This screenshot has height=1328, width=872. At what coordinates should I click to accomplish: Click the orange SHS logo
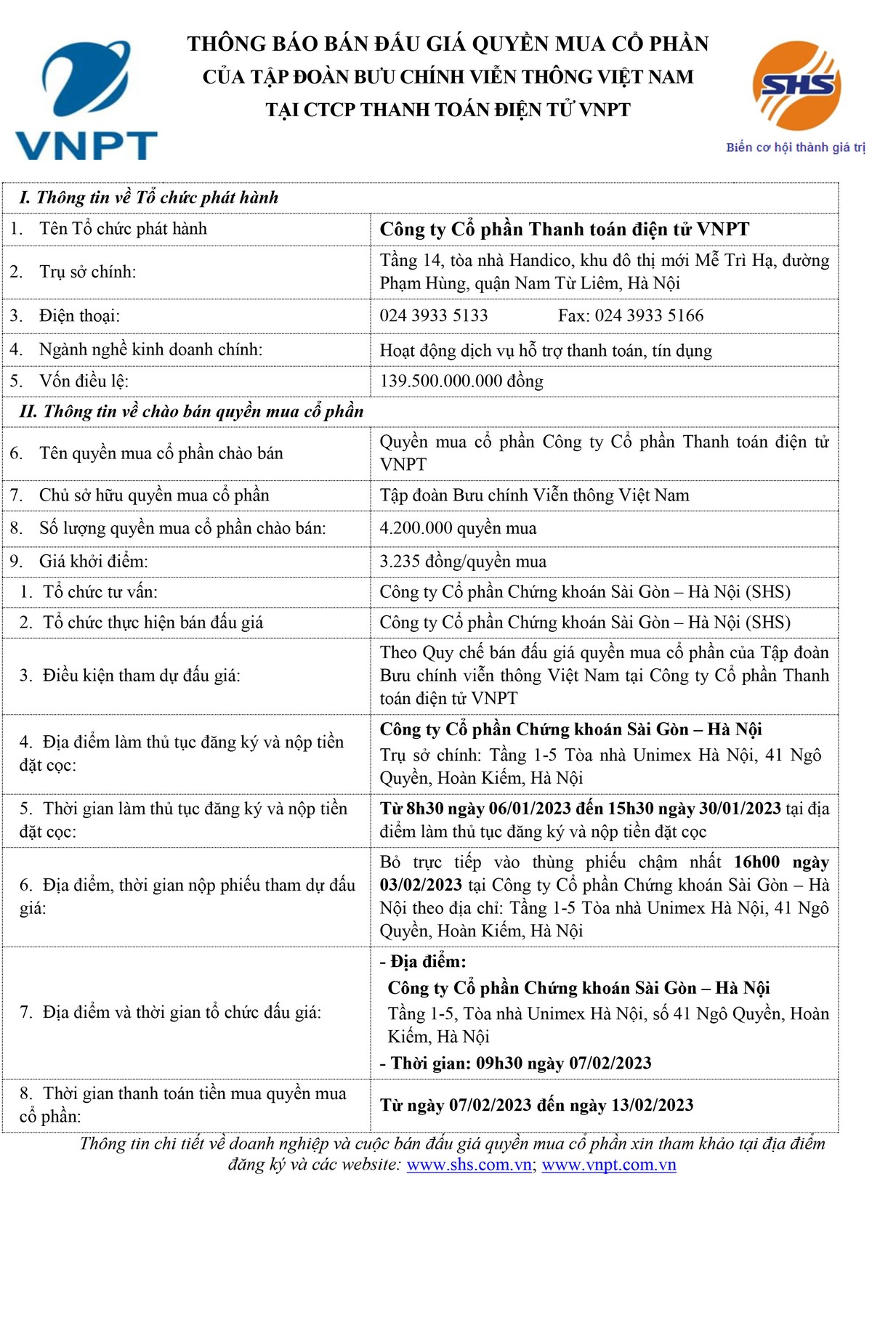point(796,86)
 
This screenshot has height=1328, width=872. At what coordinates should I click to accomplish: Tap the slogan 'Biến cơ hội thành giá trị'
point(795,147)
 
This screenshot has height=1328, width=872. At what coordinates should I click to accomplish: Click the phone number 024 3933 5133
point(434,315)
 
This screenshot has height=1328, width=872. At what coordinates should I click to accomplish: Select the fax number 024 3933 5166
point(649,315)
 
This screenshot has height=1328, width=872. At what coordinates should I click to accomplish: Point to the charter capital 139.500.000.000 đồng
point(461,381)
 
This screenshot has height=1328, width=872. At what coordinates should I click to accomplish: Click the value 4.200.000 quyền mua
point(458,528)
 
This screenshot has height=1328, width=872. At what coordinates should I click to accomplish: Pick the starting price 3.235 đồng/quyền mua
point(463,562)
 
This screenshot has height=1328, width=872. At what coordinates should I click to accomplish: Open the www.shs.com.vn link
point(469,1165)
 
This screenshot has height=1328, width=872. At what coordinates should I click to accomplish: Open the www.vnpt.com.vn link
point(609,1165)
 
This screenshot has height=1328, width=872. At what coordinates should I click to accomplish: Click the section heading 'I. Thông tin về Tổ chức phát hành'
point(149,198)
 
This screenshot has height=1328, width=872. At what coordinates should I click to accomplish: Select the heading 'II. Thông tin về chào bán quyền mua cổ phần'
point(191,411)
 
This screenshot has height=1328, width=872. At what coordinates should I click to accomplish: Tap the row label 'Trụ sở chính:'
point(87,272)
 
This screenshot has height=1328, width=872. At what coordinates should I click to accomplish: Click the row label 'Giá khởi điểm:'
point(93,562)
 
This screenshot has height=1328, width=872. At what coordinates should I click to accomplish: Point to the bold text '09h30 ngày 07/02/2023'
point(563,1063)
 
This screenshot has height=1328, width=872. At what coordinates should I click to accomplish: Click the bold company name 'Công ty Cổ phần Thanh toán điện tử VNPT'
point(564,230)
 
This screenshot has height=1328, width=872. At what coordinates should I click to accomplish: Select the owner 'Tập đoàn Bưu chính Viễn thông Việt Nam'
point(534,495)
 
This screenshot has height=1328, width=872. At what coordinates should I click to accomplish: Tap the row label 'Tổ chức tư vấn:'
point(100,592)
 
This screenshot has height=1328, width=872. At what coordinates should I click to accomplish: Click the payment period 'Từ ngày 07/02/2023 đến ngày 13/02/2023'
point(536,1105)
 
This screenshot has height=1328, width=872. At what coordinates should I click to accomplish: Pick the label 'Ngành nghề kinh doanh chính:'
point(150,349)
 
